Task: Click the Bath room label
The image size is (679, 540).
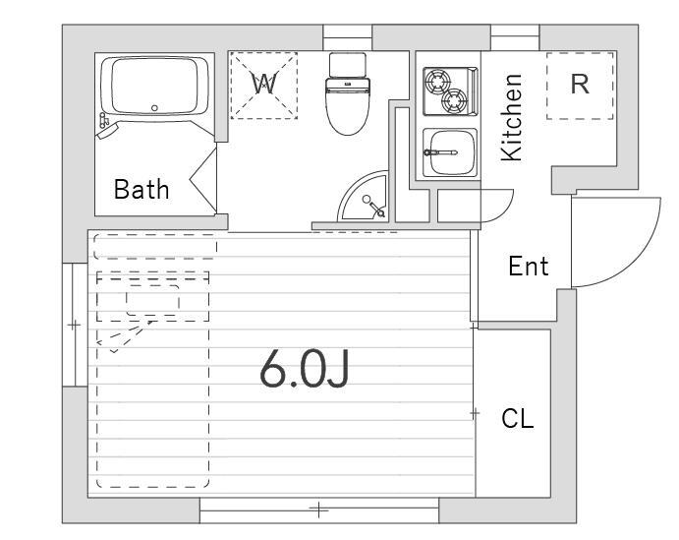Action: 141,190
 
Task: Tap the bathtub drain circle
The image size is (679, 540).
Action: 154,108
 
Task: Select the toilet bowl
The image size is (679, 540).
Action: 348,106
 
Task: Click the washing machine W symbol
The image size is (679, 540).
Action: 263,84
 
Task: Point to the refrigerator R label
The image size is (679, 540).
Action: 580,85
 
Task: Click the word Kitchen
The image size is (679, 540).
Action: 511,117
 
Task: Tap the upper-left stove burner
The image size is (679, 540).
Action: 437,81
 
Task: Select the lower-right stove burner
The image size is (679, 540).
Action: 454,100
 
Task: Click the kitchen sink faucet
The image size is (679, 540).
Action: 440,152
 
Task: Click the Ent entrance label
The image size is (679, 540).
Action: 529,266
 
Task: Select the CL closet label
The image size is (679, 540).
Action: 518,419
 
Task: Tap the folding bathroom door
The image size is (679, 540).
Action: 203,180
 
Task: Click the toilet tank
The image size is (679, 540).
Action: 348,65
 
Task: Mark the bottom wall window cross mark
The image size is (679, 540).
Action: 318,510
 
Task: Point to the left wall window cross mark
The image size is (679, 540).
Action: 74,325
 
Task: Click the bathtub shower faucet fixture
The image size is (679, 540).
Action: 106,126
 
